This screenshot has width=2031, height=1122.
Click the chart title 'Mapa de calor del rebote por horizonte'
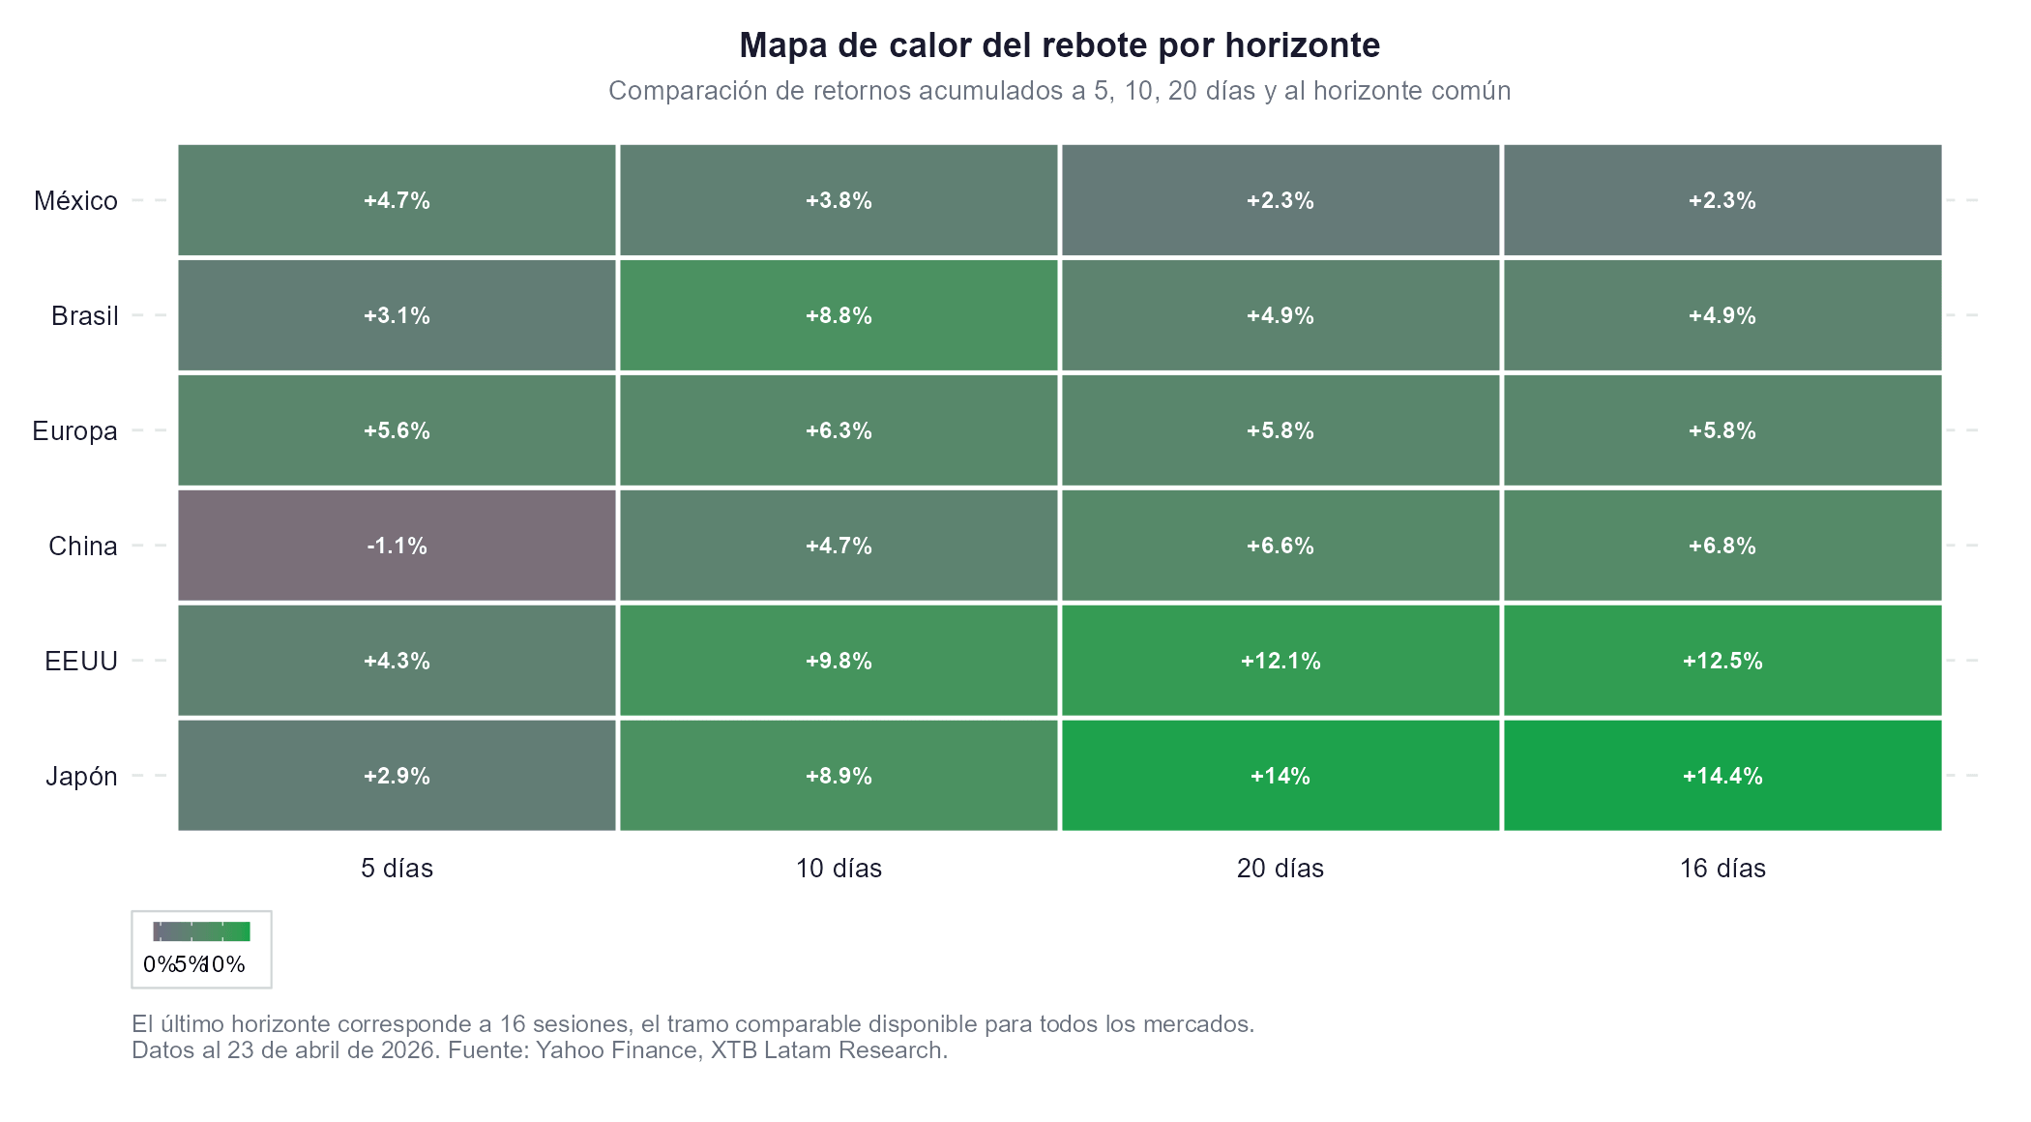pyautogui.click(x=1059, y=45)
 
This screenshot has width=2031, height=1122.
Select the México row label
pyautogui.click(x=75, y=201)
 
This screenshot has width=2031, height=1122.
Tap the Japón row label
pyautogui.click(x=81, y=777)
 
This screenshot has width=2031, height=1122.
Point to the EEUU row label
pyautogui.click(x=81, y=662)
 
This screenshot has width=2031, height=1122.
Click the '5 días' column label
pyautogui.click(x=397, y=869)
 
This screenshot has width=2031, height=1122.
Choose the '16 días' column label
pyautogui.click(x=1722, y=869)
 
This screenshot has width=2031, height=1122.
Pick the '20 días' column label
pyautogui.click(x=1280, y=869)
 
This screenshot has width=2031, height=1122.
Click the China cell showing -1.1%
pyautogui.click(x=397, y=546)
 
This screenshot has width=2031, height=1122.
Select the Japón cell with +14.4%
pyautogui.click(x=1722, y=776)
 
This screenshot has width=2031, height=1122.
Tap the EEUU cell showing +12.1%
pyautogui.click(x=1280, y=661)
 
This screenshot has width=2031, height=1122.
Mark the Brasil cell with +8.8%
pyautogui.click(x=839, y=315)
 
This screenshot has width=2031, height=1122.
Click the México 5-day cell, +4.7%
pyautogui.click(x=397, y=200)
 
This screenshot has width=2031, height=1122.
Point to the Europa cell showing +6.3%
pyautogui.click(x=839, y=430)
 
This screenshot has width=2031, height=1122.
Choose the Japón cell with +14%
pyautogui.click(x=1280, y=776)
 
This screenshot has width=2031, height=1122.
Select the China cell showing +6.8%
pyautogui.click(x=1722, y=546)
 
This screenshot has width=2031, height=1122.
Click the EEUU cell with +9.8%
pyautogui.click(x=839, y=661)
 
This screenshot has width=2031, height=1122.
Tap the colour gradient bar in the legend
pyautogui.click(x=201, y=931)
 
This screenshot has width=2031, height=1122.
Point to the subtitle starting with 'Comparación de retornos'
pyautogui.click(x=1059, y=91)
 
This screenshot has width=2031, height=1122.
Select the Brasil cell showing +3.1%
pyautogui.click(x=397, y=315)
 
